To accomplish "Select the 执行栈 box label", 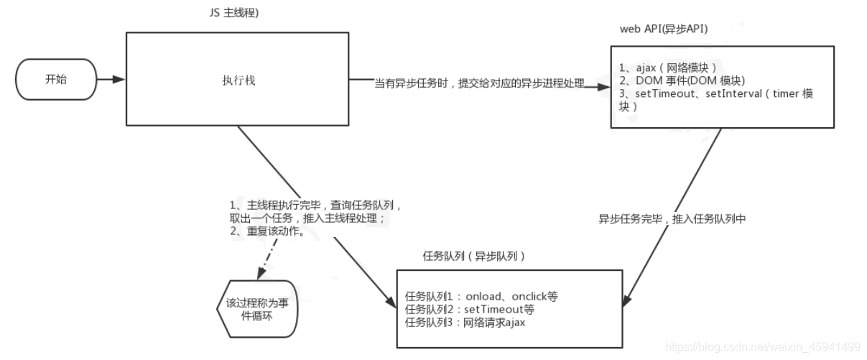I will click(x=238, y=80).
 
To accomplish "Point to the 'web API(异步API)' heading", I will click(x=662, y=29).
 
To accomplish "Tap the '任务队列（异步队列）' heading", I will click(x=475, y=256).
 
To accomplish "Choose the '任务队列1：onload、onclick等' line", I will click(x=481, y=296).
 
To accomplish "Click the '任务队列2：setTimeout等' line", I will click(x=470, y=309).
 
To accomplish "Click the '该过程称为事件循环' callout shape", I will click(x=258, y=309).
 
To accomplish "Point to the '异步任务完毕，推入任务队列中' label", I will click(x=672, y=219).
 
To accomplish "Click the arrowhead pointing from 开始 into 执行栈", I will click(x=120, y=80).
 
